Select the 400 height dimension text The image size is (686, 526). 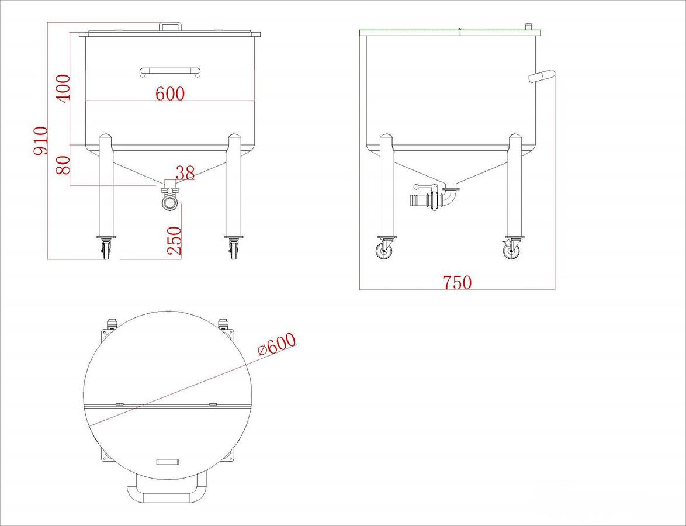click(63, 88)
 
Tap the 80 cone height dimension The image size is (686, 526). click(64, 165)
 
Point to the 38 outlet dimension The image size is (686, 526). click(185, 173)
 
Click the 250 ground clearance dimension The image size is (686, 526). click(175, 240)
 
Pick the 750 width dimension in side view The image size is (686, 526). click(457, 282)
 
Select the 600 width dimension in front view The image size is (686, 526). click(170, 94)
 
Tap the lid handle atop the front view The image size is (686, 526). click(171, 26)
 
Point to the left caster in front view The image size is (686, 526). click(106, 248)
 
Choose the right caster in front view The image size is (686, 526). click(234, 248)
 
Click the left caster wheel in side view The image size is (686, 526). click(384, 251)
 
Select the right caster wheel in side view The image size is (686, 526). click(511, 251)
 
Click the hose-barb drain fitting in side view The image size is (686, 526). click(421, 200)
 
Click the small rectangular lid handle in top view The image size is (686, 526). click(167, 462)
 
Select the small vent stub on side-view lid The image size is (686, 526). click(528, 27)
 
